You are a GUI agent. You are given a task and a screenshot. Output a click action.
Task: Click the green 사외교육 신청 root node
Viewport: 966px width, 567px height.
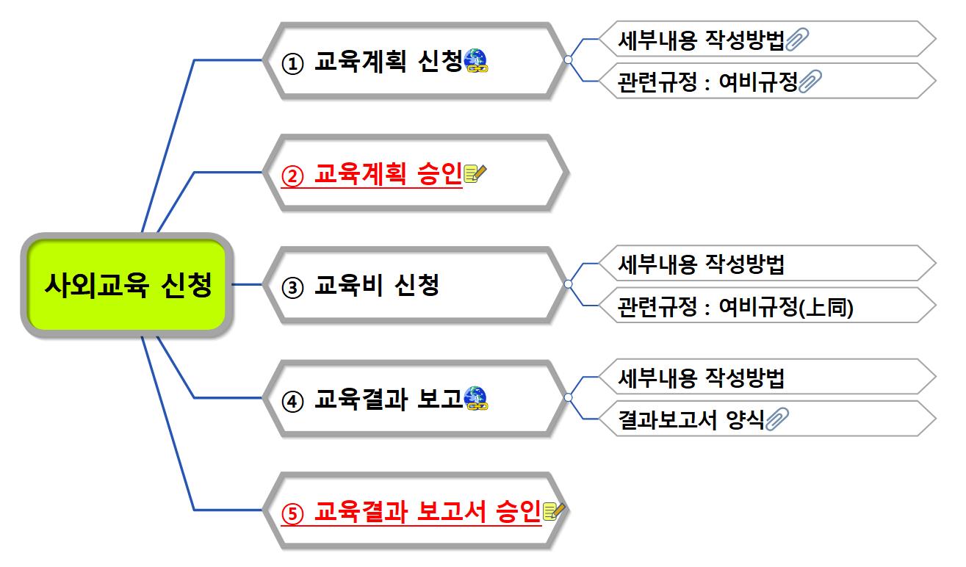(x=127, y=285)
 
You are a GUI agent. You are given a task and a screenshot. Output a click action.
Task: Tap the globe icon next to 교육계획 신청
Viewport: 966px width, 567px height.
(x=476, y=61)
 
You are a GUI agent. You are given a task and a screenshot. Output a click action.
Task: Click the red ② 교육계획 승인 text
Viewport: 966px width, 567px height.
(x=371, y=174)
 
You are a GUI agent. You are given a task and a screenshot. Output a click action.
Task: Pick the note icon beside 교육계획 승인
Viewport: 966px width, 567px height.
(x=476, y=174)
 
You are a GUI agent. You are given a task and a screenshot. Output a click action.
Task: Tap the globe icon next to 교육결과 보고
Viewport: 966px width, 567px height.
(x=476, y=399)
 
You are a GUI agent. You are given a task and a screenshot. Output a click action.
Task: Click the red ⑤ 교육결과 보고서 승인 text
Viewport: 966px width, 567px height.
(x=411, y=512)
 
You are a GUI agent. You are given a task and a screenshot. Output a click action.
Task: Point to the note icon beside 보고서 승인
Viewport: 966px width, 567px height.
(x=552, y=512)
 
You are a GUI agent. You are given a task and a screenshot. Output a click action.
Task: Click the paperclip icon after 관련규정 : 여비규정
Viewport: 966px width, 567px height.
(x=810, y=82)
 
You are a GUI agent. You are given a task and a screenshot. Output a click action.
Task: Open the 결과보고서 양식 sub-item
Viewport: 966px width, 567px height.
(x=691, y=419)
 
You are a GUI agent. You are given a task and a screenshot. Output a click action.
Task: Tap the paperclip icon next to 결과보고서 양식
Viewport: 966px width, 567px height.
(x=776, y=419)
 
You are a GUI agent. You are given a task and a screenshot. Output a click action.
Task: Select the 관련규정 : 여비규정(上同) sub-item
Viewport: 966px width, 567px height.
(x=735, y=306)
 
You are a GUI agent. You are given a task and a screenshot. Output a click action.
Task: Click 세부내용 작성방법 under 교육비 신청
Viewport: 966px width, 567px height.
(x=702, y=264)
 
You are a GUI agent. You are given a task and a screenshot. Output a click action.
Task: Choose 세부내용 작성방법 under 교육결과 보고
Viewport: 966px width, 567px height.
(x=702, y=378)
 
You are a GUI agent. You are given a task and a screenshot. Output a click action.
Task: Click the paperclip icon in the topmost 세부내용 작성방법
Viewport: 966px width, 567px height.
(x=797, y=40)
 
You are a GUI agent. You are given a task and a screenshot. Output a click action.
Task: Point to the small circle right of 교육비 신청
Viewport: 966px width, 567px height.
(x=568, y=283)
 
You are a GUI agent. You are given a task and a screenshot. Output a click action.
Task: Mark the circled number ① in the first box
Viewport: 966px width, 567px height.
(x=292, y=62)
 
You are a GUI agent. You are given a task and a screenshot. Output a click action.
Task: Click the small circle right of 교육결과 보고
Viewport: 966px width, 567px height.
(x=568, y=397)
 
